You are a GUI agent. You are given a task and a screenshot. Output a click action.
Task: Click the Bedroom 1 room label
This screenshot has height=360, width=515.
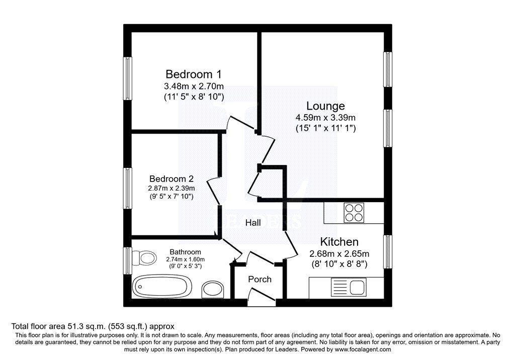tap(194, 74)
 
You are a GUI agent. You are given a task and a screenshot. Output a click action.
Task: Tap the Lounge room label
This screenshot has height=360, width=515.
tap(325, 106)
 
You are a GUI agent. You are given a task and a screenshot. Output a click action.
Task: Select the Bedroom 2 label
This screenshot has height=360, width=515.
tap(171, 178)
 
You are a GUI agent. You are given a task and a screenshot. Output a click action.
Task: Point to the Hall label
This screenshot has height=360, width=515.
tap(253, 223)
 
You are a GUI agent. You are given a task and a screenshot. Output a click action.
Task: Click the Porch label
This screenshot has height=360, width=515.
tap(260, 279)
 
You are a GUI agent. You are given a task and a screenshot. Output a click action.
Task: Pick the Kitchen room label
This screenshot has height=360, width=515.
tap(339, 242)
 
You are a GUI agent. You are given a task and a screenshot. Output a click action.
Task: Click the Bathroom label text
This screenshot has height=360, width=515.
tap(185, 252)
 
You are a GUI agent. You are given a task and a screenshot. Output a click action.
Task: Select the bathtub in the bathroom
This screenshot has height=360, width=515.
tap(162, 287)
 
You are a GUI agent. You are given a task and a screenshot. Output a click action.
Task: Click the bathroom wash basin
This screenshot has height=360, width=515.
tap(213, 289)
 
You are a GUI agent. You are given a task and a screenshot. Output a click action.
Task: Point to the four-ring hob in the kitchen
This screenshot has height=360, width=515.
tap(354, 213)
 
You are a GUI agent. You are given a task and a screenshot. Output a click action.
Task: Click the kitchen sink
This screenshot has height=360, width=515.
tap(348, 288)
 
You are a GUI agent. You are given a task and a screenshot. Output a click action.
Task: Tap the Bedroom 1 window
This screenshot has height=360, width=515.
tap(127, 78)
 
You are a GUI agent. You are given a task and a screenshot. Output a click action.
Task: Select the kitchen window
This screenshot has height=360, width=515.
tap(388, 251)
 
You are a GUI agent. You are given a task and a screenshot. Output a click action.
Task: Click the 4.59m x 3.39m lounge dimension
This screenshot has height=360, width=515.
tap(325, 117)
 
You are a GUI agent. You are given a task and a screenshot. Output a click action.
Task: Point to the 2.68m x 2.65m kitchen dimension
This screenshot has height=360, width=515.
tap(339, 253)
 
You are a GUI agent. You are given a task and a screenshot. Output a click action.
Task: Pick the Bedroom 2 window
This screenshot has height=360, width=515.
tap(127, 188)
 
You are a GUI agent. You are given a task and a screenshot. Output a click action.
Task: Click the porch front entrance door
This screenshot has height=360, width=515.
tap(262, 295)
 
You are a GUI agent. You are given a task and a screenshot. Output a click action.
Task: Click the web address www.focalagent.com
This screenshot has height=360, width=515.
tap(363, 349)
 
